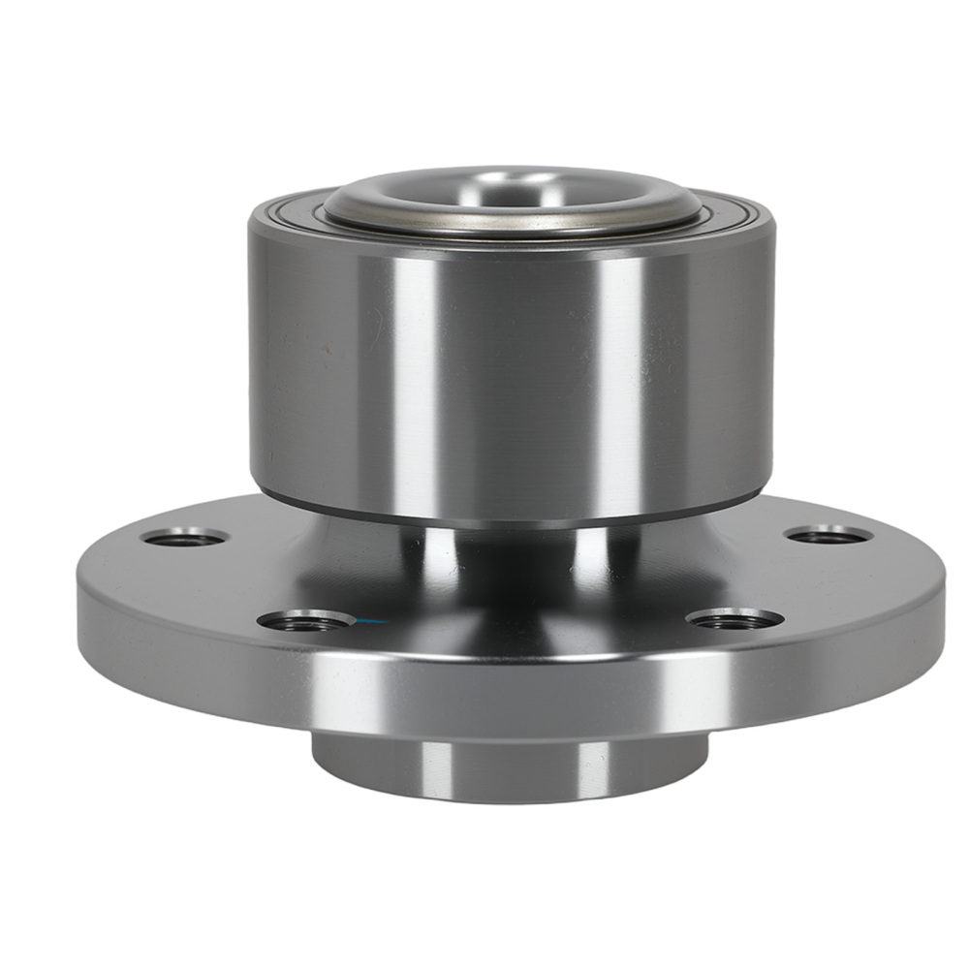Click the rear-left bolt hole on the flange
pyautogui.click(x=184, y=537)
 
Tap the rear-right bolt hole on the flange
pyautogui.click(x=827, y=535)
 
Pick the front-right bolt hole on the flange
pyautogui.click(x=735, y=618)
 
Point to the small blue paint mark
pyautogui.click(x=369, y=621)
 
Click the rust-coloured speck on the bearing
pyautogui.click(x=327, y=345)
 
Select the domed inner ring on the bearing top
pyautogui.click(x=511, y=198)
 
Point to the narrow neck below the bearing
pyautogui.click(x=511, y=552)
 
